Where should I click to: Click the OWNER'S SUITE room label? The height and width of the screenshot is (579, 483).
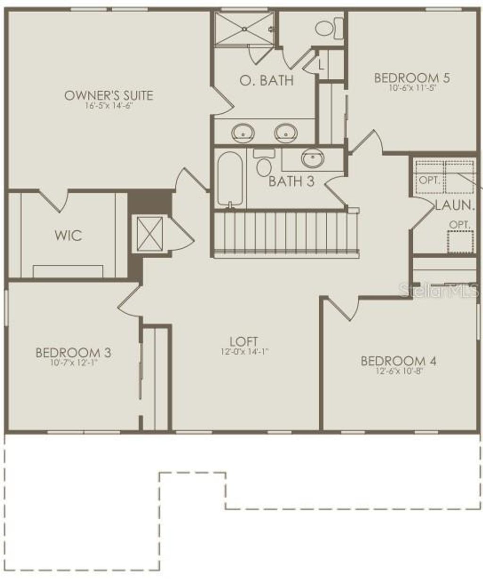[x=108, y=95]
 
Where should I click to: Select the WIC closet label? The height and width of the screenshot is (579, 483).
[x=68, y=235]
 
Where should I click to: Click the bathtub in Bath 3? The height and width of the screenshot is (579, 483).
[x=230, y=179]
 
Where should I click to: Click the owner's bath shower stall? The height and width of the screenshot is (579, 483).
[x=244, y=29]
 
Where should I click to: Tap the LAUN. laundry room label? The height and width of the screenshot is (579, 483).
[x=454, y=205]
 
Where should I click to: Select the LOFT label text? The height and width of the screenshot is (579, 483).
[x=243, y=341]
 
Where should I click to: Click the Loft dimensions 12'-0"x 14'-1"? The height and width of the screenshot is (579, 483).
[x=243, y=352]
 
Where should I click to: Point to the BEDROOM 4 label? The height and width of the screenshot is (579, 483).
[x=399, y=361]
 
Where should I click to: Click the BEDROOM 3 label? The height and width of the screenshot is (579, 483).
[x=74, y=352]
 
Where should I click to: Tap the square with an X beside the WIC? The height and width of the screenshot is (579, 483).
[x=149, y=234]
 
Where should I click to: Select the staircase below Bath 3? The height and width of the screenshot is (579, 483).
[x=281, y=234]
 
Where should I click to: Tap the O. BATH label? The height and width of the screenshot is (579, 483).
[x=266, y=80]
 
